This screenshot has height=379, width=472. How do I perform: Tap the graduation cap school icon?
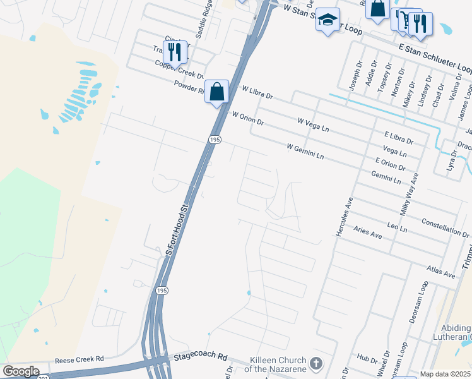pyautogui.click(x=327, y=19)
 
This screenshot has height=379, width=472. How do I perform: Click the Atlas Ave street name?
pyautogui.click(x=440, y=272)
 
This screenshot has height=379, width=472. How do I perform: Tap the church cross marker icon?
pyautogui.click(x=316, y=364)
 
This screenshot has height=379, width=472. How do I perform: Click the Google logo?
pyautogui.click(x=21, y=371)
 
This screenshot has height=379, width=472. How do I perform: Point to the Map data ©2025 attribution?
pyautogui.click(x=445, y=374)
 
